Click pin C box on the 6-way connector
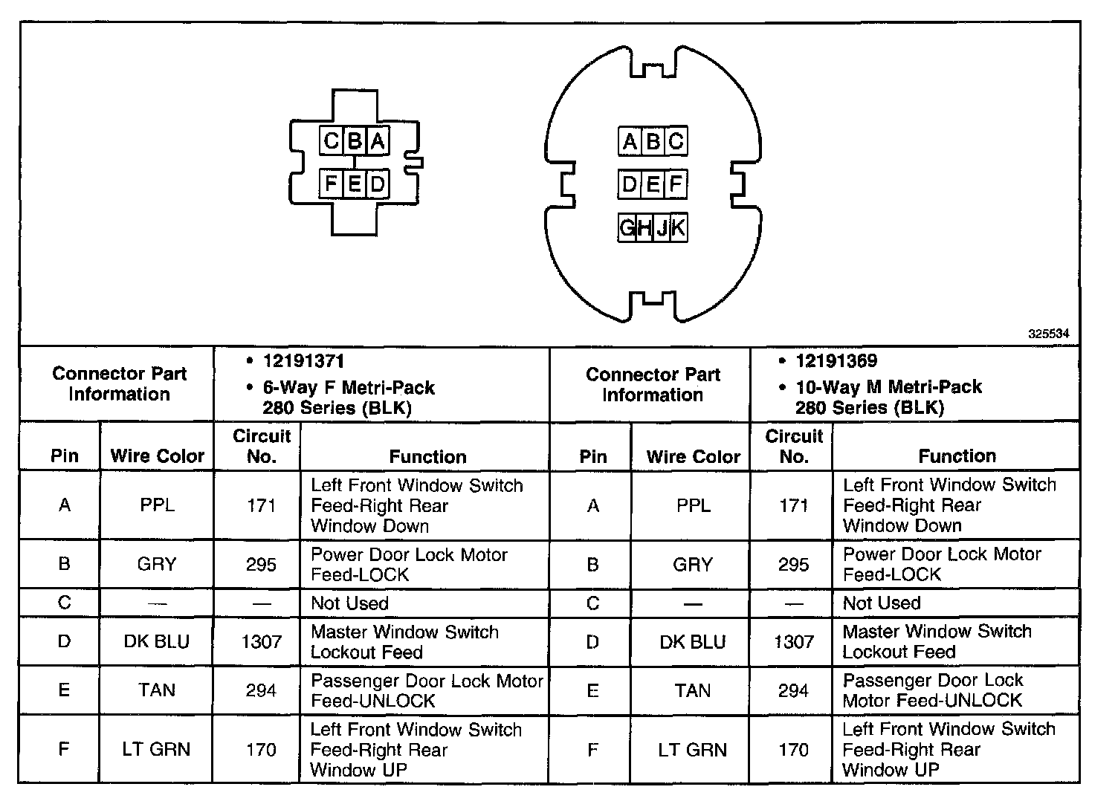[x=332, y=140]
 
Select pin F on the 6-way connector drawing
[x=332, y=183]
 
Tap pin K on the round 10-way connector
[x=678, y=227]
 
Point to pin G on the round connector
[x=627, y=227]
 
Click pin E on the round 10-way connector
[x=653, y=184]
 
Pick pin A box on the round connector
[x=630, y=141]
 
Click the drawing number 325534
[x=1049, y=334]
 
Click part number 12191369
[x=836, y=361]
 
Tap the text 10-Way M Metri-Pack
[x=888, y=387]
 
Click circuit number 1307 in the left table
[x=261, y=641]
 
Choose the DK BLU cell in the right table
[x=692, y=641]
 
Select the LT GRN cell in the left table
[x=156, y=749]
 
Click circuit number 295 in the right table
[x=793, y=564]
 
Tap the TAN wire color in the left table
[x=156, y=690]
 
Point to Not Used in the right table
[x=882, y=603]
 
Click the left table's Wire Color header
[x=157, y=456]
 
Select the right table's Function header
[x=957, y=456]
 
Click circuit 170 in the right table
[x=793, y=749]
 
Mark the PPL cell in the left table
[x=157, y=505]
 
